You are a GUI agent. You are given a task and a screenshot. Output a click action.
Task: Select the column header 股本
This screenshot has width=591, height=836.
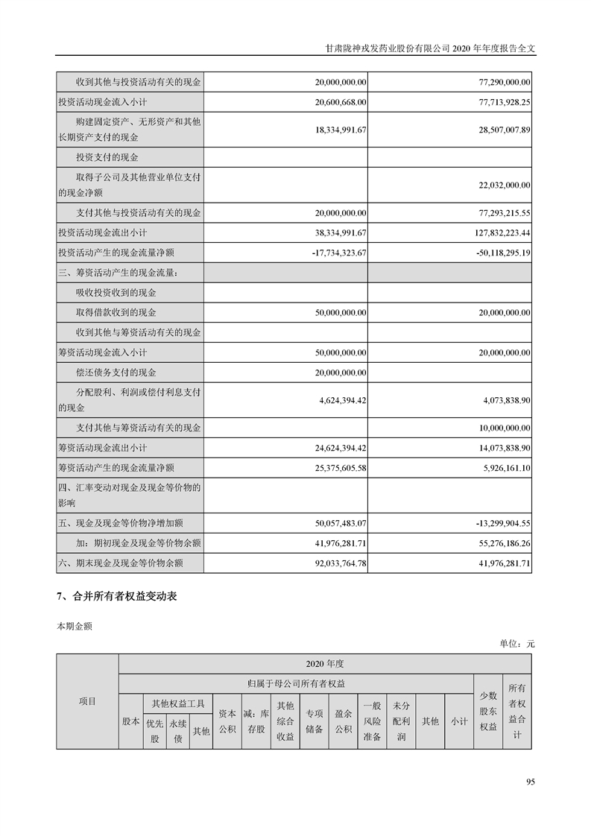coord(130,721)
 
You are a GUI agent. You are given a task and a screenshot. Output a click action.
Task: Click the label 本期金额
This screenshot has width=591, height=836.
coord(75,627)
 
